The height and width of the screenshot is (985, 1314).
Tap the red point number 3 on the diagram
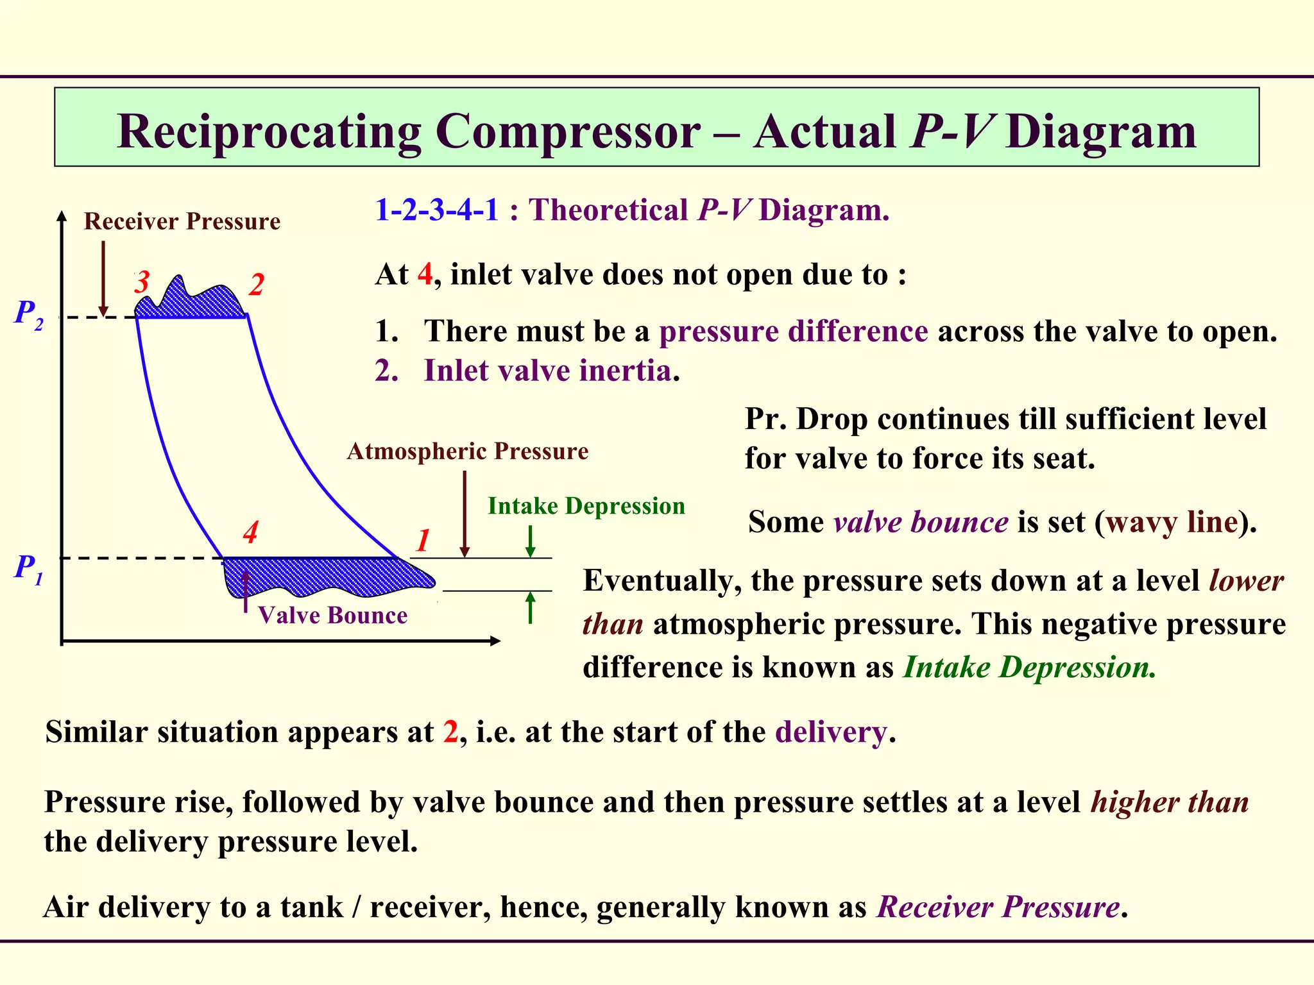[x=142, y=282]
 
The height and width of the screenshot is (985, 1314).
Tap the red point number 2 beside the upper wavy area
[x=257, y=285]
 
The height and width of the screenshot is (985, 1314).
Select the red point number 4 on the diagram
[x=250, y=533]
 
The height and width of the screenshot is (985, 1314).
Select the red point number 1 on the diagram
[x=422, y=541]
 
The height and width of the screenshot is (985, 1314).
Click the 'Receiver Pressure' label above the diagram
[x=182, y=222]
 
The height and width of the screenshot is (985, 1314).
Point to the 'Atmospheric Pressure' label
[x=467, y=451]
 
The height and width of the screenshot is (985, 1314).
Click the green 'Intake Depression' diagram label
[x=586, y=506]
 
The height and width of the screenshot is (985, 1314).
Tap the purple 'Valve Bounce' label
[x=332, y=616]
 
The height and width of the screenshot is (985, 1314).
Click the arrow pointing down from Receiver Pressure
[x=103, y=279]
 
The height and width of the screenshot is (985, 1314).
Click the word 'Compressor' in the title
[x=568, y=131]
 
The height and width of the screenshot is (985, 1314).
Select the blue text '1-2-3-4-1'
[x=436, y=210]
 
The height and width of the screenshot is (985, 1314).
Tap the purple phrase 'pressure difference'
[x=793, y=332]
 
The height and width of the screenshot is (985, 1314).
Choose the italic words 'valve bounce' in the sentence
[x=921, y=522]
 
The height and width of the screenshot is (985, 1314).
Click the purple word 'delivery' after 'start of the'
[x=831, y=732]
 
